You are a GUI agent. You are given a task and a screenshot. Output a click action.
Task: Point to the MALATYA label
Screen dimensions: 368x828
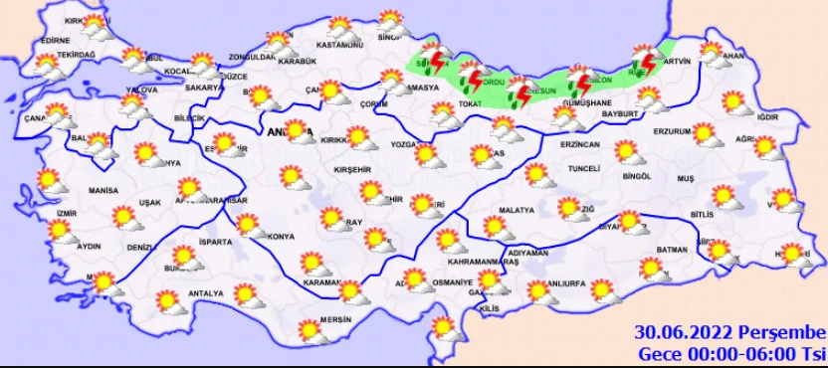pyautogui.click(x=517, y=211)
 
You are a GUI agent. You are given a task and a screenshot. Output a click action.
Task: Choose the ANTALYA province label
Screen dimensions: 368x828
pyautogui.click(x=206, y=293)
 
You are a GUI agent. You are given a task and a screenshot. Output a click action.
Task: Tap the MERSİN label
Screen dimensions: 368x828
pyautogui.click(x=337, y=320)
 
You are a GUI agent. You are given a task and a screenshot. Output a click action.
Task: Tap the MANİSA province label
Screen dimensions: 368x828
pyautogui.click(x=103, y=190)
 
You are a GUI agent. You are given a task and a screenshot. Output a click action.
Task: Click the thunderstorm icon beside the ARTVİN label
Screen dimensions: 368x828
pyautogui.click(x=645, y=62)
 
